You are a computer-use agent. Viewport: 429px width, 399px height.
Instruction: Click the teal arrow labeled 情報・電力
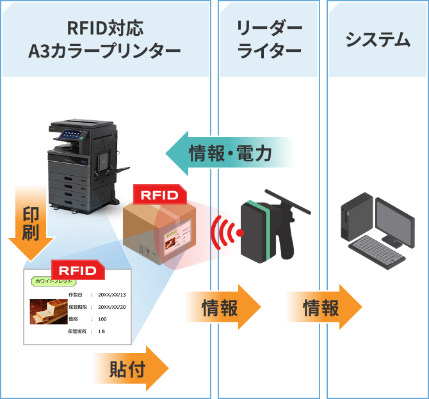point(227,154)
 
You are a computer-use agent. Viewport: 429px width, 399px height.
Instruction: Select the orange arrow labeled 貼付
point(131,369)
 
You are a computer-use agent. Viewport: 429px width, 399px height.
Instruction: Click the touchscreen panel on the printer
point(70,134)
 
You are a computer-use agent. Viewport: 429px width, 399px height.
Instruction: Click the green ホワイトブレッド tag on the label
point(50,281)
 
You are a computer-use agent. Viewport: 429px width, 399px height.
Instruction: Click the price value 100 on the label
point(102,318)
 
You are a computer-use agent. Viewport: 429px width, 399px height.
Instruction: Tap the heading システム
point(377,40)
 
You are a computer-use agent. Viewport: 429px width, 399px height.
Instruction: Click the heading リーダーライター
point(269,40)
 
